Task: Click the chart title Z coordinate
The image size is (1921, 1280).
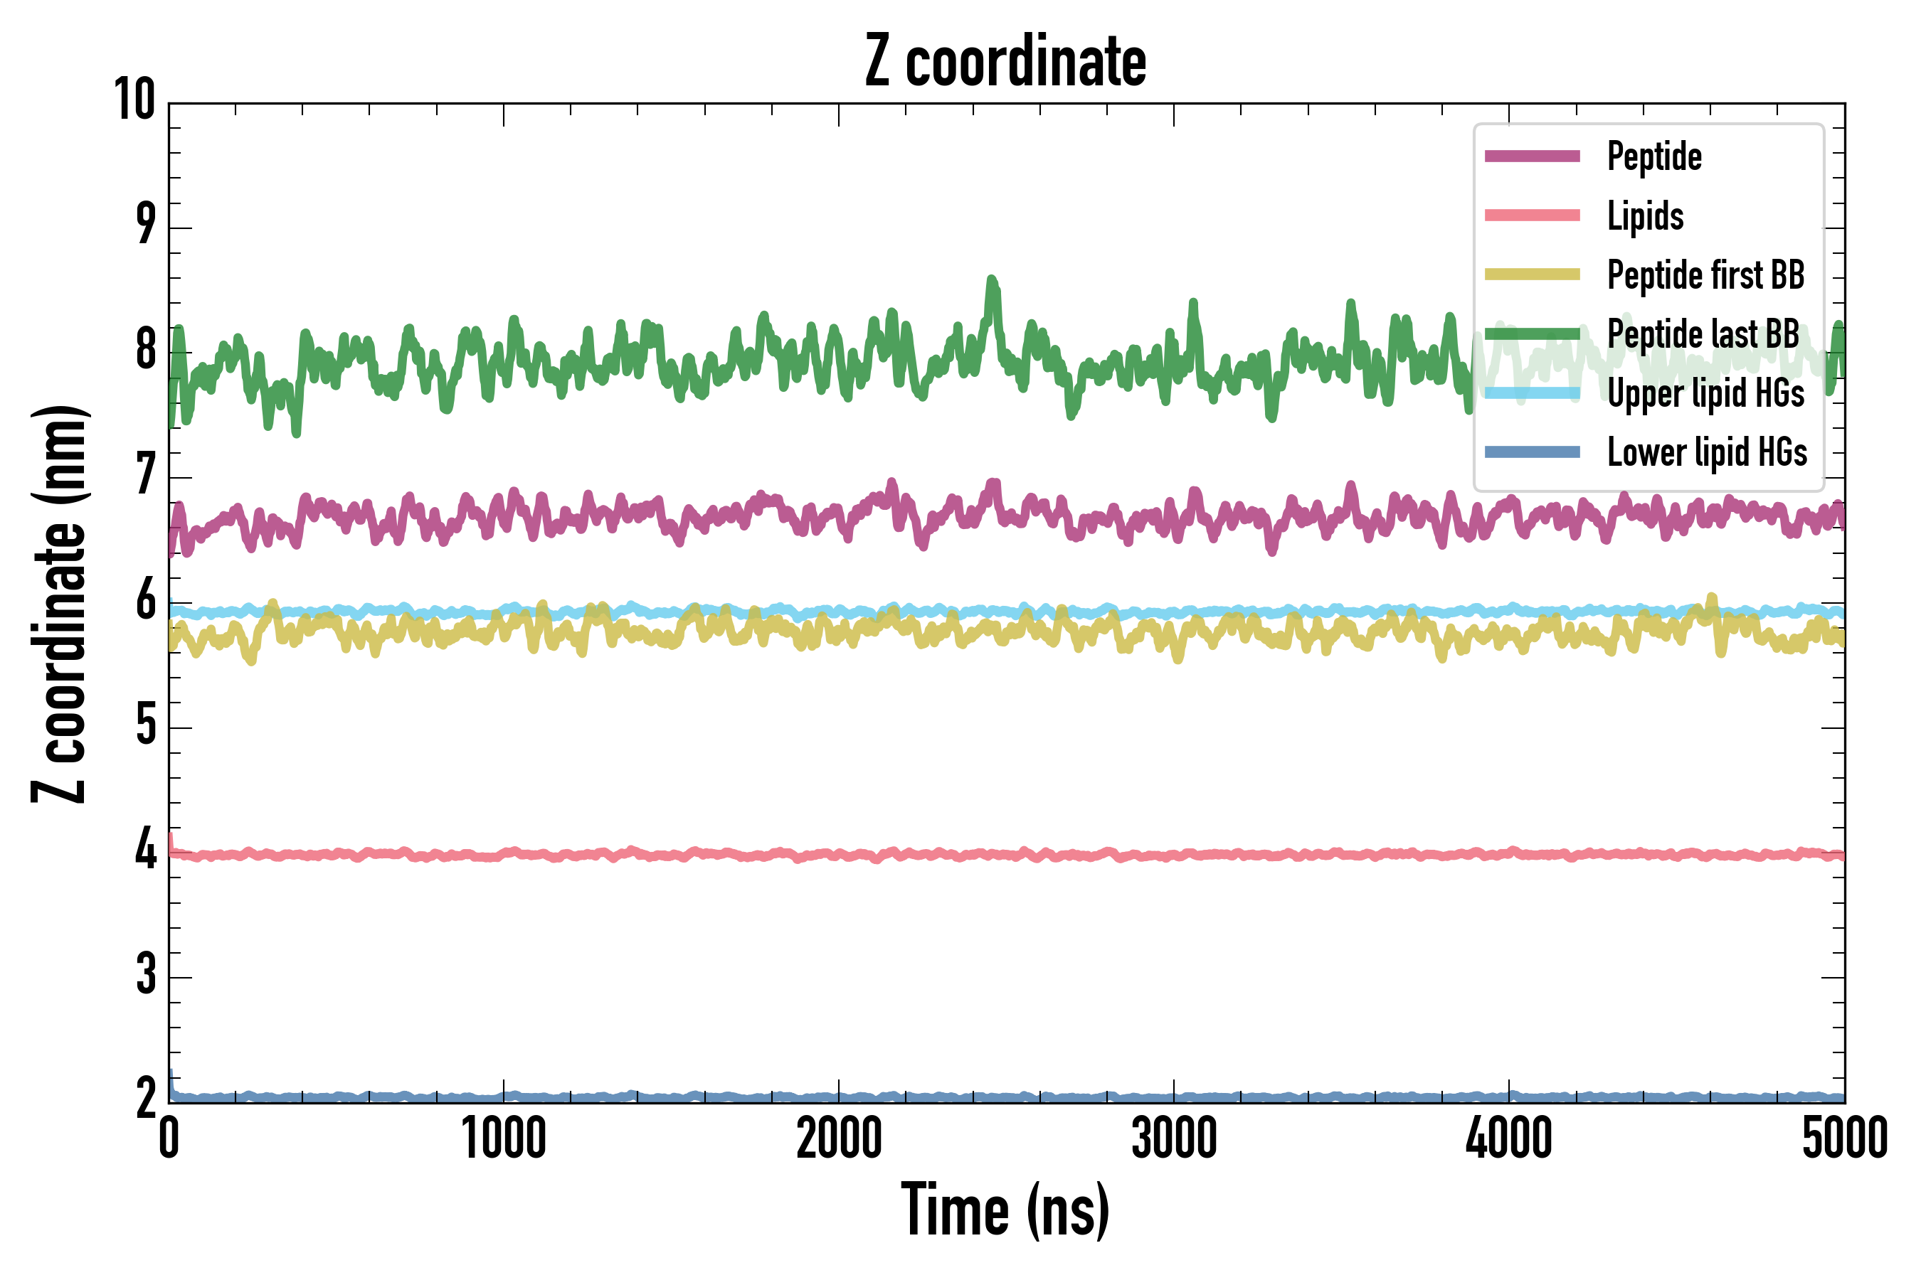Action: coord(1005,61)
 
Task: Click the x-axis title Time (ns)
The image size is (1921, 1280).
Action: coord(1005,1210)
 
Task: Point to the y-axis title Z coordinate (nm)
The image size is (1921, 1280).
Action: coord(59,603)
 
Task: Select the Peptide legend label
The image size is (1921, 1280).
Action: coord(1654,156)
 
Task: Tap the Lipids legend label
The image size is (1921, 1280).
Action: coord(1645,215)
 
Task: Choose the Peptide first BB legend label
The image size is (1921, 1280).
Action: coord(1705,274)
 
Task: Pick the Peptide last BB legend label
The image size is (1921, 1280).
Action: coord(1703,334)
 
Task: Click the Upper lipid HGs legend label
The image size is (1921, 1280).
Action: coord(1705,393)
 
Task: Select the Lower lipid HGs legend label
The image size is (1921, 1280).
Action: coord(1707,452)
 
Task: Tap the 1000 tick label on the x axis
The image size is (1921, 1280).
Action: coord(503,1138)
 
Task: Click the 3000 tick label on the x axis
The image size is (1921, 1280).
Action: coord(1174,1138)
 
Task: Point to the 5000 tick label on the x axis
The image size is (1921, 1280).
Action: coord(1844,1138)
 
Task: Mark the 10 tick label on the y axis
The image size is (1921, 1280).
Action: coord(134,100)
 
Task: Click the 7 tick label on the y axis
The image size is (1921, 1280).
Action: coord(145,475)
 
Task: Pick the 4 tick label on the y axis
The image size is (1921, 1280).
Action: coord(145,850)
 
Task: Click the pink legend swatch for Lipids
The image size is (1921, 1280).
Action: coord(1533,215)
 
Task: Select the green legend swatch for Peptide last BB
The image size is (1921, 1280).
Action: coord(1533,334)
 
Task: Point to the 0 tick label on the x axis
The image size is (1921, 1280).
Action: coord(169,1138)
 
